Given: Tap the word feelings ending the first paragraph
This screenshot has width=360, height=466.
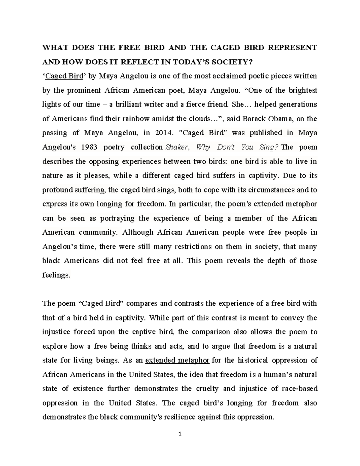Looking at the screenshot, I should pos(56,275).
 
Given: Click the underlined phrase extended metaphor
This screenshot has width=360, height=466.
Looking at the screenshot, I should pos(177,360).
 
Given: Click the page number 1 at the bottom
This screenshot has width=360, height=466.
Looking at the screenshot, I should pos(180,442).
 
